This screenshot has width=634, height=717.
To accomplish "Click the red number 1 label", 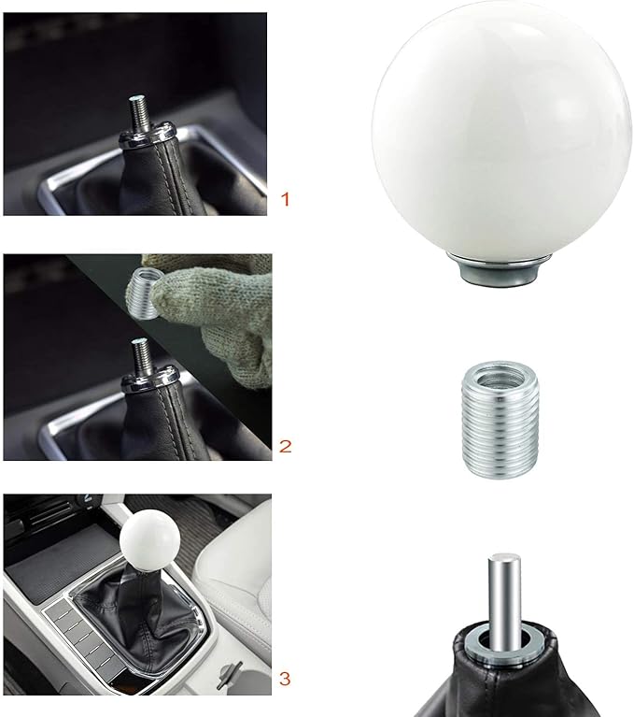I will tap(286, 199).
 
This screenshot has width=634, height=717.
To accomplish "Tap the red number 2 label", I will tap(286, 446).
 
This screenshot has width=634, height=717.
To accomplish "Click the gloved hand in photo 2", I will tap(215, 299).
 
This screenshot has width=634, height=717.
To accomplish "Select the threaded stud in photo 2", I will tap(143, 353).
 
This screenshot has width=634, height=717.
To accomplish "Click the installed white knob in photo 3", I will tap(147, 541).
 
